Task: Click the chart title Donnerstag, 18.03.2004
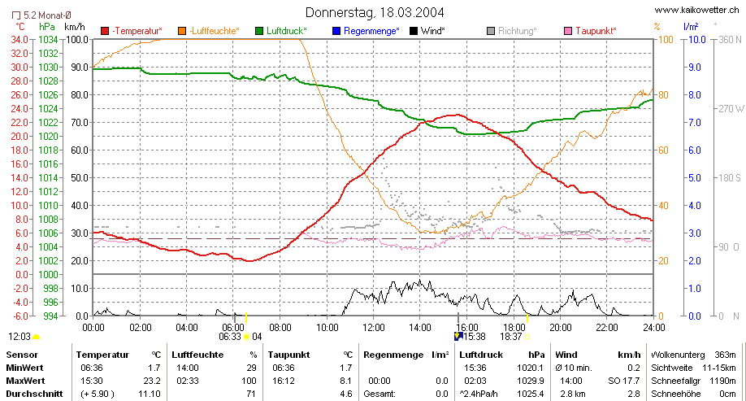pyautogui.click(x=375, y=12)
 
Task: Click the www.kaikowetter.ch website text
pyautogui.click(x=697, y=10)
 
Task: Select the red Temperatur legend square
pyautogui.click(x=105, y=31)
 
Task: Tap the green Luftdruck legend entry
pyautogui.click(x=281, y=31)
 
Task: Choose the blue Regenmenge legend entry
pyautogui.click(x=366, y=31)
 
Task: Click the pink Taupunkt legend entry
pyautogui.click(x=590, y=31)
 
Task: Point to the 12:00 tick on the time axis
pyautogui.click(x=374, y=328)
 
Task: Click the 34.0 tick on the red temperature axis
pyautogui.click(x=19, y=40)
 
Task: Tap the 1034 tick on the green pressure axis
pyautogui.click(x=48, y=40)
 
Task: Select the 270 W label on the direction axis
pyautogui.click(x=731, y=108)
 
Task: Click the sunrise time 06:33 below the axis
pyautogui.click(x=230, y=337)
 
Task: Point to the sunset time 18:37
pyautogui.click(x=511, y=337)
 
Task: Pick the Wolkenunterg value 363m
pyautogui.click(x=725, y=355)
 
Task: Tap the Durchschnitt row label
pyautogui.click(x=34, y=394)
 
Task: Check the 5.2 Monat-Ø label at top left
pyautogui.click(x=41, y=15)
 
